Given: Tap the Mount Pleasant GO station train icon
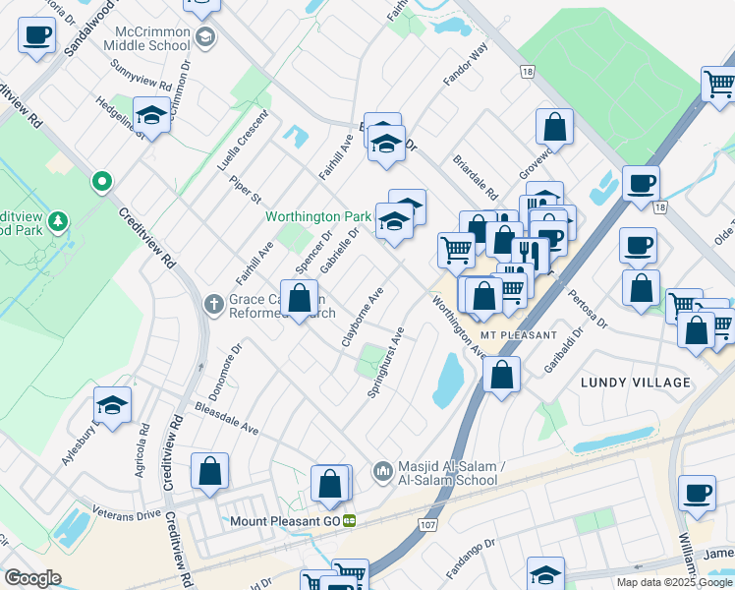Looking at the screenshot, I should pyautogui.click(x=349, y=521).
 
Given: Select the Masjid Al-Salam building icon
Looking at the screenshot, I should pyautogui.click(x=382, y=473).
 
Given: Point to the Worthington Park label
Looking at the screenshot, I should pyautogui.click(x=317, y=215).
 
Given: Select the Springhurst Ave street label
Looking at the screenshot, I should pyautogui.click(x=385, y=362).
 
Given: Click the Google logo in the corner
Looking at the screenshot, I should pyautogui.click(x=32, y=578).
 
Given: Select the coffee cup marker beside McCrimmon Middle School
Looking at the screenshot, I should pyautogui.click(x=37, y=36).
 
